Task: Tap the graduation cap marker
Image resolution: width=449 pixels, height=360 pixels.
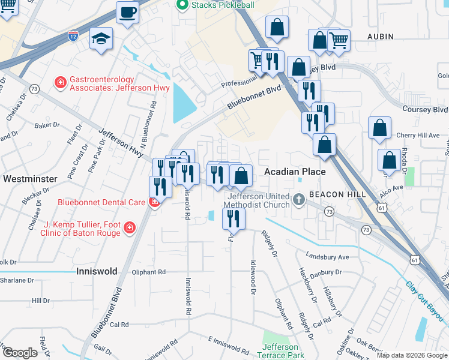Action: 101,40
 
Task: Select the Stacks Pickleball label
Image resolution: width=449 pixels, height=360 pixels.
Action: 215,5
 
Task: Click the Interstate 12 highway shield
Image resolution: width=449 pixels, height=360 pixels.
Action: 73,37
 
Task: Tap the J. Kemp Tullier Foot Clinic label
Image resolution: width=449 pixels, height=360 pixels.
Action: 82,229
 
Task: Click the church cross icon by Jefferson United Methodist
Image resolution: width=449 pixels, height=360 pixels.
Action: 300,200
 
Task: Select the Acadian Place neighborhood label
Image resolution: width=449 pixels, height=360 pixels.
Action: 295,172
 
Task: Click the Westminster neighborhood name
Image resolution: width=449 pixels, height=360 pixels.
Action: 30,179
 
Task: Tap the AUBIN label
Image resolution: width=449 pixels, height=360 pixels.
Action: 381,37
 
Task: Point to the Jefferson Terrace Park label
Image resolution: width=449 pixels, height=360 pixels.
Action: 280,351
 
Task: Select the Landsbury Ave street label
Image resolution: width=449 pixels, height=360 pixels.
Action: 327,257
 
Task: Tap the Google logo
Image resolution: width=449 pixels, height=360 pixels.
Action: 20,353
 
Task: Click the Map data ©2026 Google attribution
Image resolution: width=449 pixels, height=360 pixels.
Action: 412,355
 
